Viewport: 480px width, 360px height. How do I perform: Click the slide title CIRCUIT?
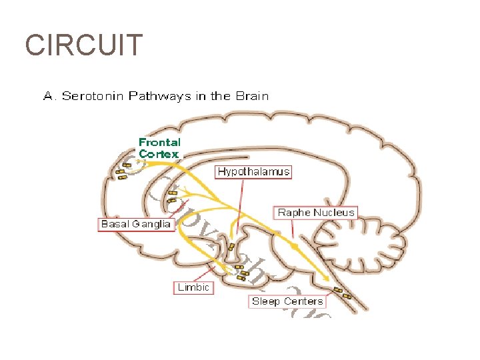83,45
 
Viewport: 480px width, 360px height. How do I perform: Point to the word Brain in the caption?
251,95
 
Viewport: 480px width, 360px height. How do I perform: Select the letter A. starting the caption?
49,95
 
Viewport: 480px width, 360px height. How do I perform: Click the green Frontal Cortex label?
159,148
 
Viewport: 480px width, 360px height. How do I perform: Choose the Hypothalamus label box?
254,171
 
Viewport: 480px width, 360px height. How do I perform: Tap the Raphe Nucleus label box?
317,213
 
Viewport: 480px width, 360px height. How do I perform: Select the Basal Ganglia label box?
136,224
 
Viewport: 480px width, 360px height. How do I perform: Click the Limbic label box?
194,287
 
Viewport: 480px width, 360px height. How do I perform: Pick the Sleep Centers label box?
287,301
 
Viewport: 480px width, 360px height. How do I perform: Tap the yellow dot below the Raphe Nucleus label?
295,246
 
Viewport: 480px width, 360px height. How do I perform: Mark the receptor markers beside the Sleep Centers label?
343,292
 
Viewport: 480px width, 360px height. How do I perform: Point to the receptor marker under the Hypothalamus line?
231,247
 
